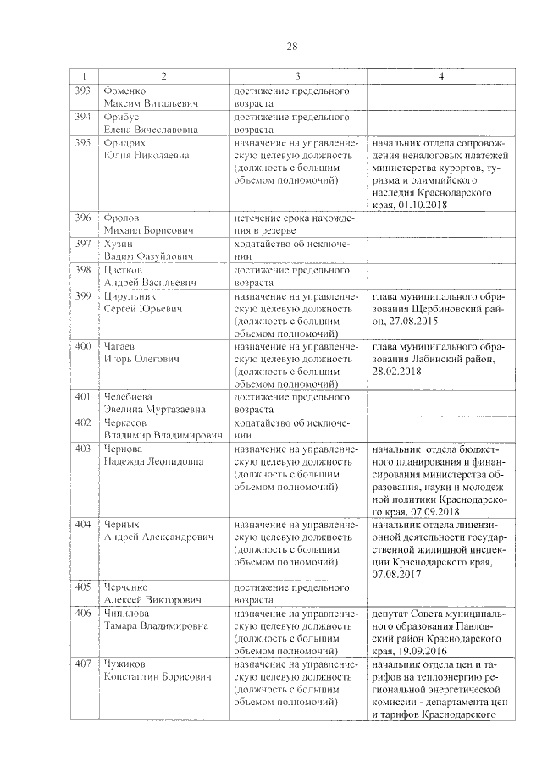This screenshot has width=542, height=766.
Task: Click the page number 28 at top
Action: click(291, 47)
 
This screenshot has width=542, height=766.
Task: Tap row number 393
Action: click(83, 90)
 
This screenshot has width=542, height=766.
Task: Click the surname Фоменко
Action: click(124, 90)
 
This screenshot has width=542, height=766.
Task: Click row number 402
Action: click(83, 422)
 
